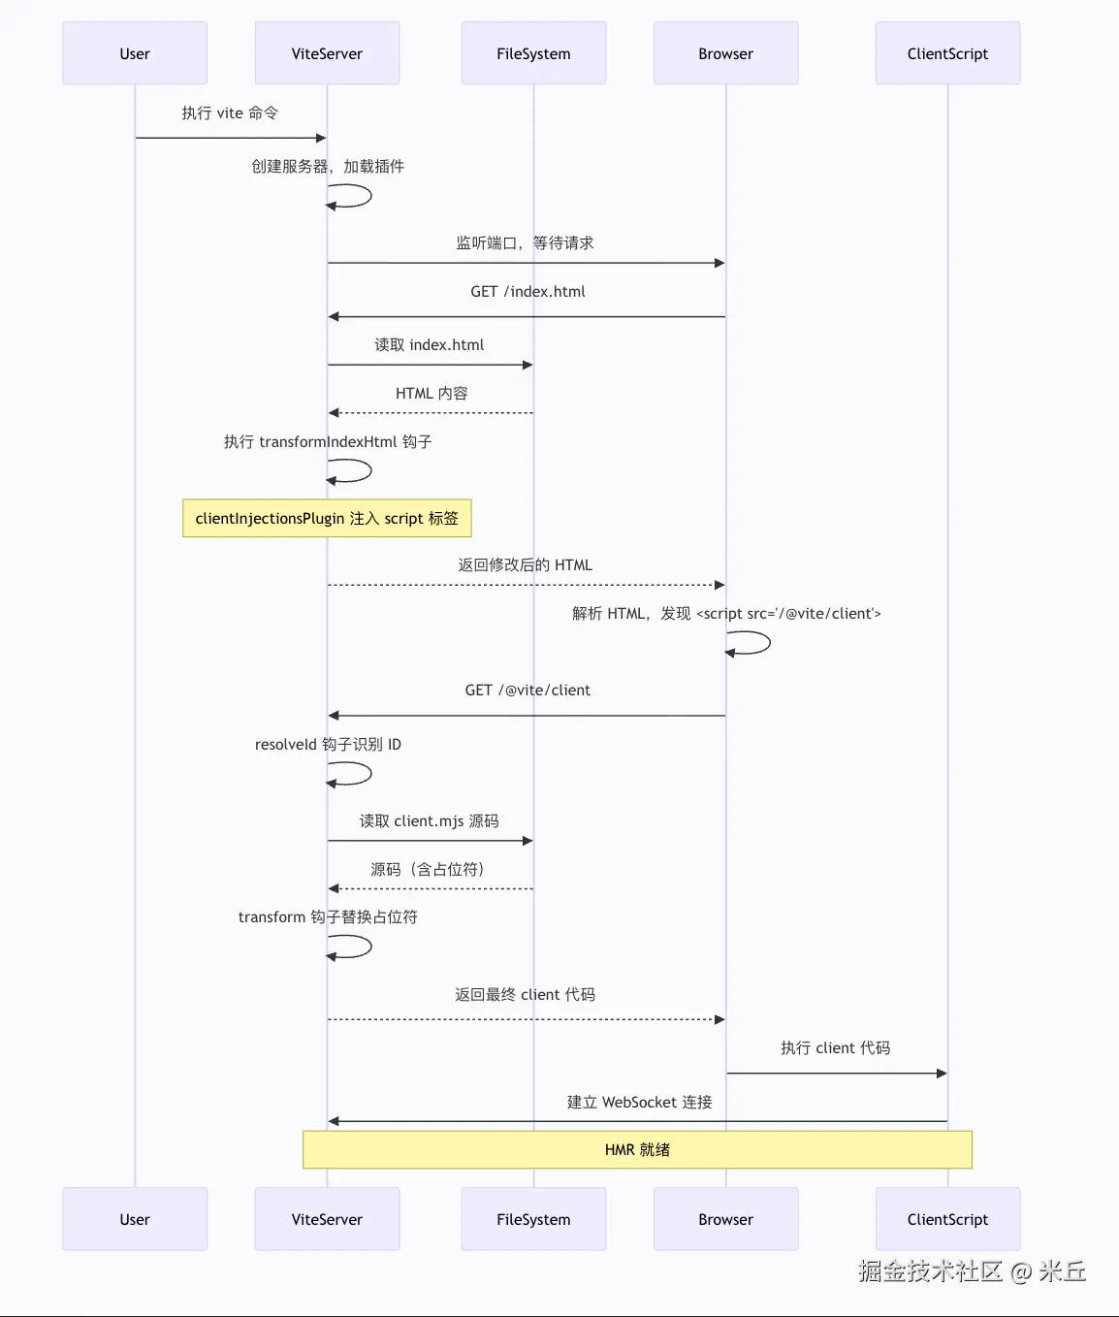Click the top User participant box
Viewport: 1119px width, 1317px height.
coord(135,53)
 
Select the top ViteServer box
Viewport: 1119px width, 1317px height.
coord(327,53)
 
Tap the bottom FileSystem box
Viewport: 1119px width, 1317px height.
coord(533,1219)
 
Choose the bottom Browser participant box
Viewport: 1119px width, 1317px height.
coord(725,1219)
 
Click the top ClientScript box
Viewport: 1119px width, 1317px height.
coord(947,53)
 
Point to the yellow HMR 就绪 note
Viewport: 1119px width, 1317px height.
coord(637,1149)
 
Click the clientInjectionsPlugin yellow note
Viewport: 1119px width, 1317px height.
coord(327,518)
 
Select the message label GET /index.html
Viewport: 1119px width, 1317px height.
coord(528,291)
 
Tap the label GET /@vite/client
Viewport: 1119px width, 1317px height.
coord(528,690)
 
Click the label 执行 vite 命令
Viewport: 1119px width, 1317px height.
coord(230,112)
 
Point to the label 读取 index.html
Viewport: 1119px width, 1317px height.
coord(430,344)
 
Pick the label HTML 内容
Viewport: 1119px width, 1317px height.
coord(432,393)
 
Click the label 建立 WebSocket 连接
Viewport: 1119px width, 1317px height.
coord(639,1102)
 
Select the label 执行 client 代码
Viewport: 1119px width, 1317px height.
coord(835,1047)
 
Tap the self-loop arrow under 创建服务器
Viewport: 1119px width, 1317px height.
coord(353,196)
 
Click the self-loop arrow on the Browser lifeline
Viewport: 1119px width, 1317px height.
coord(751,643)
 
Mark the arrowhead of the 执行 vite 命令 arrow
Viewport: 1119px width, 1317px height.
coord(321,138)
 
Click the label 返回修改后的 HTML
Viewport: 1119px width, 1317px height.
coord(525,564)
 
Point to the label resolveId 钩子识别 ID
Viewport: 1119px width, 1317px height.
coord(328,744)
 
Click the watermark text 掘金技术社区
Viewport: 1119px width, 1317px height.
coord(930,1270)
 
